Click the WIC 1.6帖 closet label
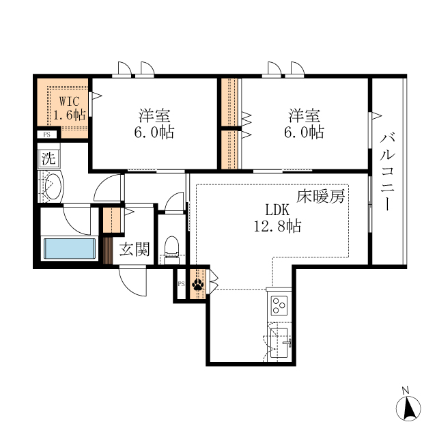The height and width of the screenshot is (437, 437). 69,108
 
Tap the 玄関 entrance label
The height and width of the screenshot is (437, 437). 135,249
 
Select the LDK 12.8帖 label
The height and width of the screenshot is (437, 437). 277,218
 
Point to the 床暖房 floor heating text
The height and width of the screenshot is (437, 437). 320,196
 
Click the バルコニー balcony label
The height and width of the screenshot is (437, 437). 387,172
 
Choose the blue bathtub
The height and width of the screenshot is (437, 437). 70,249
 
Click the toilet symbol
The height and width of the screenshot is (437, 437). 171,250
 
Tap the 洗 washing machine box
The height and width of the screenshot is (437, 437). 48,158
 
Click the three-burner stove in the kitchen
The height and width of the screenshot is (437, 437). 279,305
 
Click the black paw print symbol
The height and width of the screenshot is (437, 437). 198,285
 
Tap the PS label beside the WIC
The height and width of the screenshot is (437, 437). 47,135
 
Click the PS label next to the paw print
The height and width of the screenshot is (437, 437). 182,284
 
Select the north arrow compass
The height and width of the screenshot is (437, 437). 408,408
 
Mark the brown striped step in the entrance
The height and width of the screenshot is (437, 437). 108,251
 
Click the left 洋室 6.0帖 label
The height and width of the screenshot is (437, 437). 154,124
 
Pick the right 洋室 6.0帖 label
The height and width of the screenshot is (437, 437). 304,124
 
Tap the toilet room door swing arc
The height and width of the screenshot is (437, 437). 170,198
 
